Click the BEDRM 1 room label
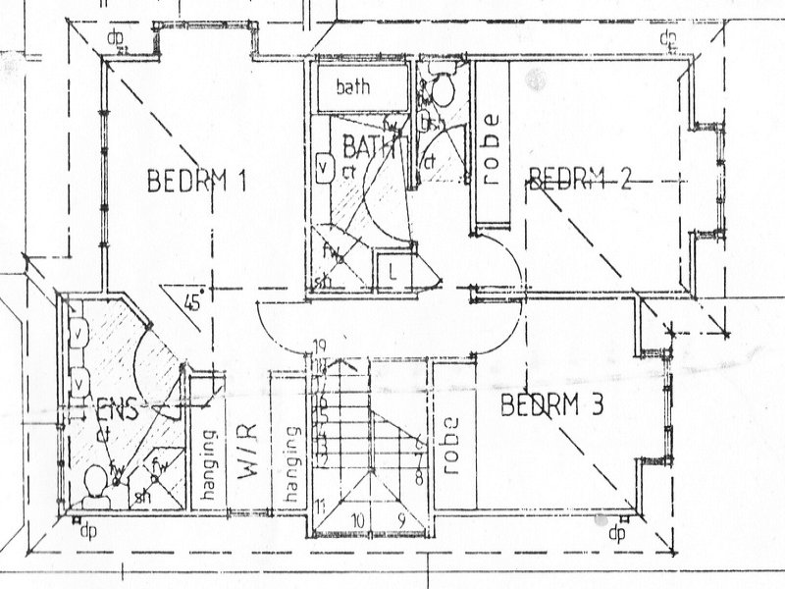(x=195, y=181)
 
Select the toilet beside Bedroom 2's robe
(x=440, y=89)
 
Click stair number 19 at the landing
(x=319, y=345)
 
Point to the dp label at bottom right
(x=616, y=534)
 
